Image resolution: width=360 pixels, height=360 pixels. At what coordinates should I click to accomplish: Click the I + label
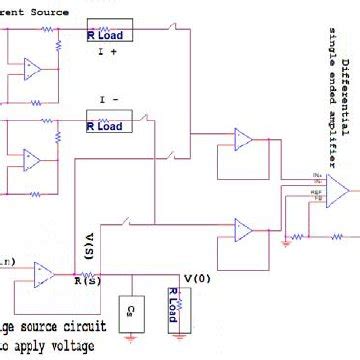[x=107, y=58]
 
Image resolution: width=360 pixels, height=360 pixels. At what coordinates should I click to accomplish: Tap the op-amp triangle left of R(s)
[x=43, y=273]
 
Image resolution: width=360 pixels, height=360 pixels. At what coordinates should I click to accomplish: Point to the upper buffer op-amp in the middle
[x=244, y=142]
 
